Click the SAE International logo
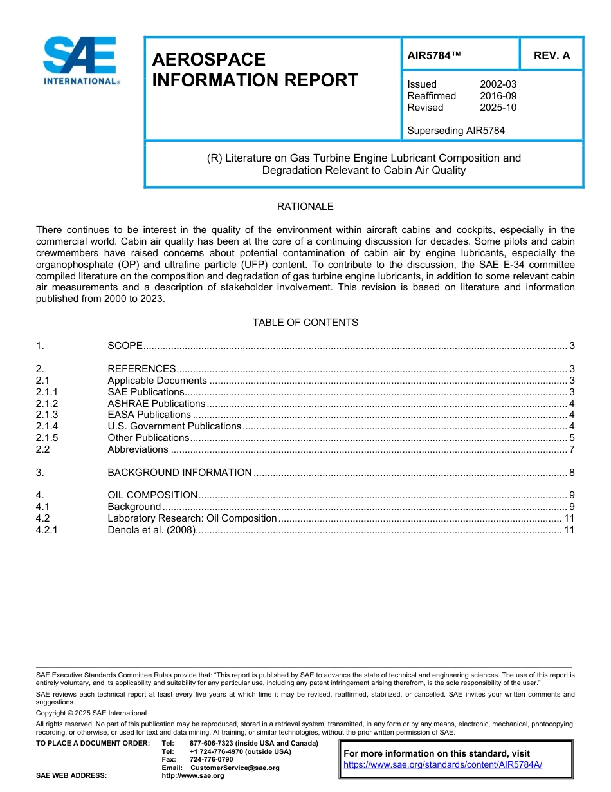pos(80,61)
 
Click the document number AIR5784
pos(434,55)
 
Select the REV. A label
pos(552,55)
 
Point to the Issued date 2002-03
pos(498,84)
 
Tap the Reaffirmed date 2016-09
pos(498,96)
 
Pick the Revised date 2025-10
pos(498,108)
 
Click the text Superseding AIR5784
pos(456,131)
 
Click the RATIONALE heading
pos(305,207)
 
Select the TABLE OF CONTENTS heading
pos(305,323)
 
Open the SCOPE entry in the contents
pos(125,346)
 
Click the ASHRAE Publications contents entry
pos(156,404)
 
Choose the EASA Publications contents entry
pos(149,415)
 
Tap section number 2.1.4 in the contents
pos(47,426)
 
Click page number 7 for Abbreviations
pos(571,449)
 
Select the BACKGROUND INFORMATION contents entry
pos(179,473)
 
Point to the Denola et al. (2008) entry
pos(150,530)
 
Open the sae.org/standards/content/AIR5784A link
pos(443,765)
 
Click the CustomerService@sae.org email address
pos(235,768)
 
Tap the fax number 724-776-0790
pos(211,760)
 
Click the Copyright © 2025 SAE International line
pos(91,713)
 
